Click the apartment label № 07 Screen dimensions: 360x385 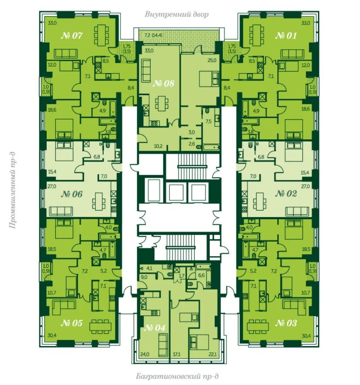point(71,36)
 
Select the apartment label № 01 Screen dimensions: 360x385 point(286,36)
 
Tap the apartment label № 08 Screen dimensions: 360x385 point(163,83)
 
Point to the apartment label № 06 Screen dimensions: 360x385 point(71,194)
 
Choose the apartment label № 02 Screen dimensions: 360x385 point(286,193)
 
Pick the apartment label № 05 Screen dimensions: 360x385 point(71,323)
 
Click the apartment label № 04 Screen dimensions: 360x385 point(155,328)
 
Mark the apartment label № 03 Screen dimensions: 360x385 point(286,323)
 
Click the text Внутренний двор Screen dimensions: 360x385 point(177,14)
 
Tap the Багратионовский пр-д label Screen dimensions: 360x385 point(177,377)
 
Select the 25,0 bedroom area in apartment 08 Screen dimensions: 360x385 point(212,60)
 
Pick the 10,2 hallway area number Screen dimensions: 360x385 point(158,146)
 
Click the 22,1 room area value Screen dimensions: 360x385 point(212,354)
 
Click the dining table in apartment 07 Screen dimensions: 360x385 point(101,35)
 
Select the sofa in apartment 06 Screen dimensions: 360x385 point(61,211)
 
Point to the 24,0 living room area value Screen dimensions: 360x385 point(145,354)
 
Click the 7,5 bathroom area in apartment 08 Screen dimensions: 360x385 point(209,121)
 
